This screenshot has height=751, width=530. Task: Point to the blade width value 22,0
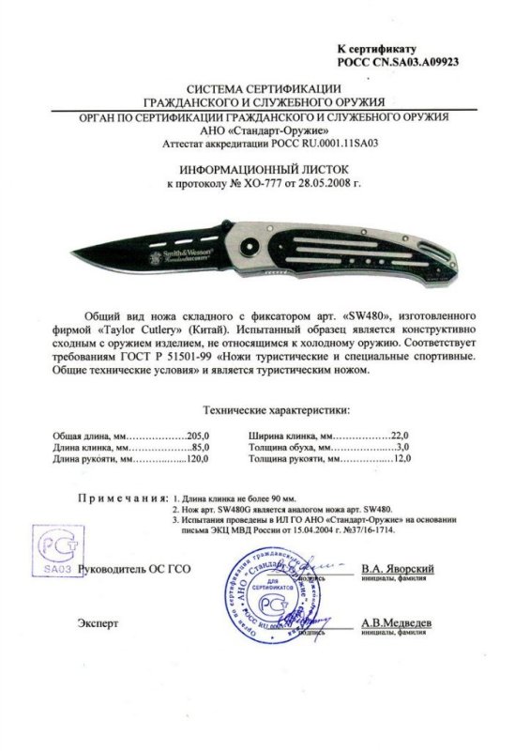(x=404, y=437)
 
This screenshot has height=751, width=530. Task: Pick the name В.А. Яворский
(x=397, y=570)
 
